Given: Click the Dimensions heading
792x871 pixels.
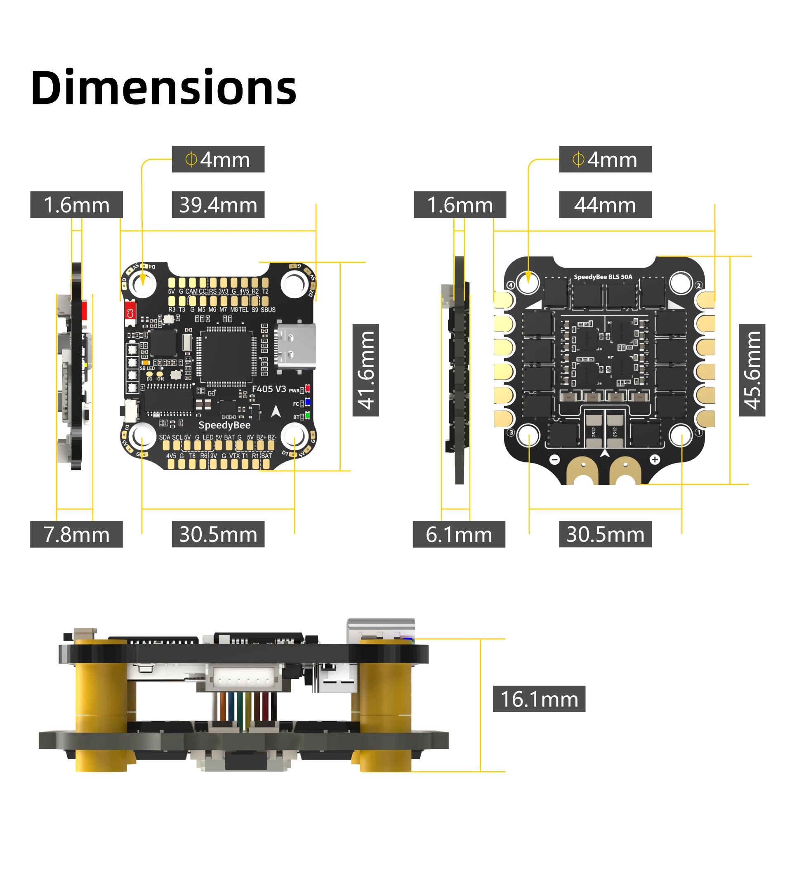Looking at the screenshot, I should (x=163, y=88).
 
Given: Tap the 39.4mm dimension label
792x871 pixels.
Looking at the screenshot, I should (x=218, y=205).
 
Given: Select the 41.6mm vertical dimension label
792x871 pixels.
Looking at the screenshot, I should (x=365, y=370).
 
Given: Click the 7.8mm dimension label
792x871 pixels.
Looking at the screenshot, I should (x=76, y=534).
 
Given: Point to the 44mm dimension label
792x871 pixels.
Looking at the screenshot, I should (x=605, y=205).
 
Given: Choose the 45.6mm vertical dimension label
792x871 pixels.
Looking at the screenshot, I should (x=752, y=370).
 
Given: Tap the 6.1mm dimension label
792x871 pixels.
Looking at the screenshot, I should (x=458, y=534).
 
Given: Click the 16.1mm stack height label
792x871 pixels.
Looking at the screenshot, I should (x=539, y=699).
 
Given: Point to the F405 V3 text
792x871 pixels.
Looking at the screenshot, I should (x=269, y=389).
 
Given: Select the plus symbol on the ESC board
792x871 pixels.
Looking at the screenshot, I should (x=655, y=460).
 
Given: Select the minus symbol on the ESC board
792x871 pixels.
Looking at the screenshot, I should (x=555, y=460).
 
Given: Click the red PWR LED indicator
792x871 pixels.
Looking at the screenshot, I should (x=308, y=388).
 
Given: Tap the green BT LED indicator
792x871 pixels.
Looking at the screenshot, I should (x=308, y=416).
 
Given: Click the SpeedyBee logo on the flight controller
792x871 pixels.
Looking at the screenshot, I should (x=224, y=425).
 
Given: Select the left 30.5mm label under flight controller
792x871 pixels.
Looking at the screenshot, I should (x=218, y=534).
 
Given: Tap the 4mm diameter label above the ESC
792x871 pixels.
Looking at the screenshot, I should (x=605, y=160).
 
